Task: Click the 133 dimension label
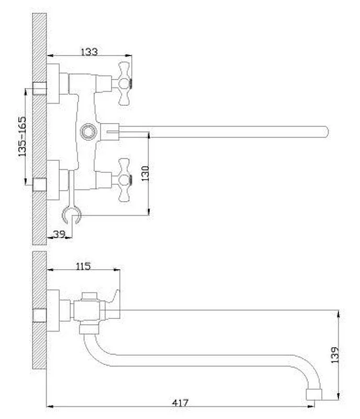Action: [89, 51]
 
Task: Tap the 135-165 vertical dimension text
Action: [22, 137]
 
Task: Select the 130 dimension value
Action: [145, 173]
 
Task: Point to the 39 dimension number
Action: [59, 234]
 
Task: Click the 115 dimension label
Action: [83, 266]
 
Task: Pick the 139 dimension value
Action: [335, 355]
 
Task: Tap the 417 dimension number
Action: [180, 402]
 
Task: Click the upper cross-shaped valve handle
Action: [125, 83]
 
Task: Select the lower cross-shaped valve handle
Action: [125, 180]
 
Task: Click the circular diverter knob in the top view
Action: [88, 131]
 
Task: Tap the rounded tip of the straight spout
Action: [326, 132]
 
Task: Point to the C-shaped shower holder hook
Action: [71, 215]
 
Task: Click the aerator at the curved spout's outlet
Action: [314, 394]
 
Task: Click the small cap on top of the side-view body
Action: [89, 296]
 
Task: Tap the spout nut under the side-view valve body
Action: [89, 329]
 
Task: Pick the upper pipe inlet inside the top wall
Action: [40, 89]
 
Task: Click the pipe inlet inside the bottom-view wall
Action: [40, 316]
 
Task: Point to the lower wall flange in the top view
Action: [53, 180]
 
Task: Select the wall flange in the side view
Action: [53, 311]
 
